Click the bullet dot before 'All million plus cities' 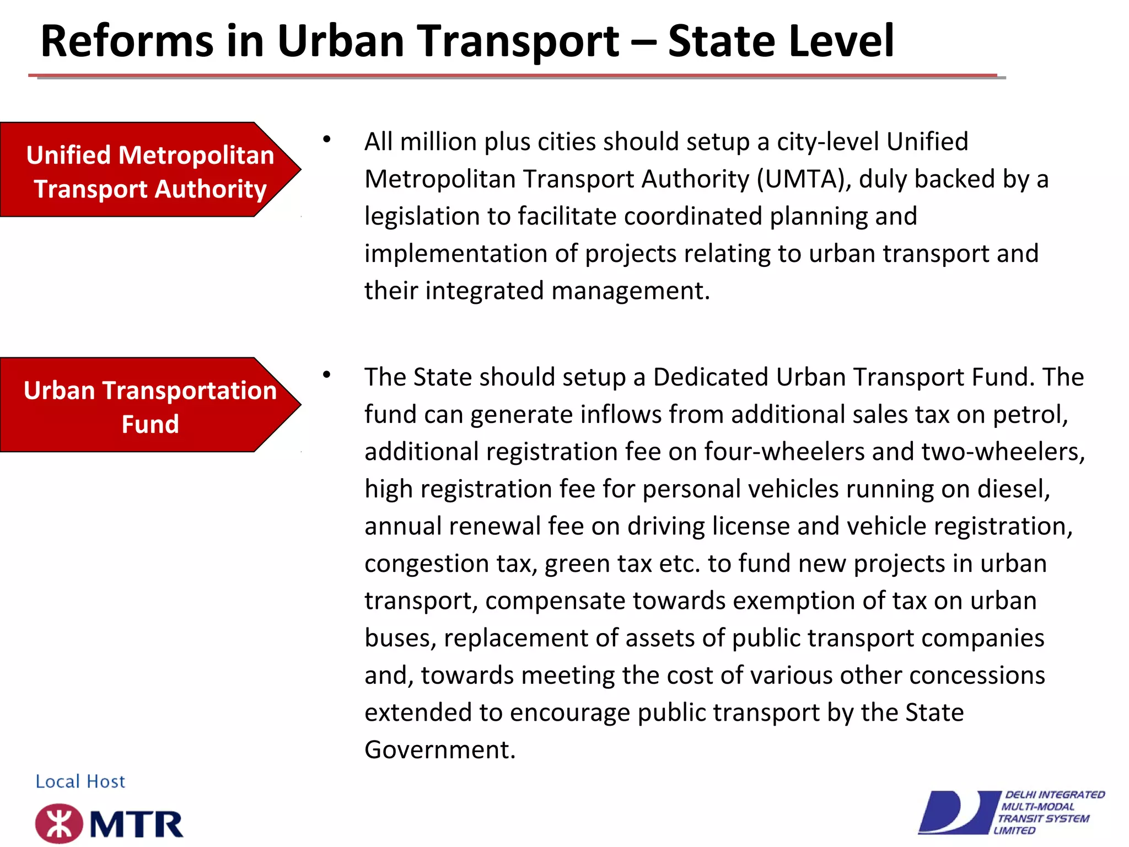click(x=327, y=140)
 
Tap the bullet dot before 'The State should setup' click(x=327, y=375)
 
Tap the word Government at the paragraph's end click(x=439, y=750)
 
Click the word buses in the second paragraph click(x=400, y=638)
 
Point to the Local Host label click(x=80, y=781)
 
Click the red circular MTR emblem click(x=58, y=823)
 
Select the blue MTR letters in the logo click(x=137, y=824)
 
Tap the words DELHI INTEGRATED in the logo click(x=1055, y=795)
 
